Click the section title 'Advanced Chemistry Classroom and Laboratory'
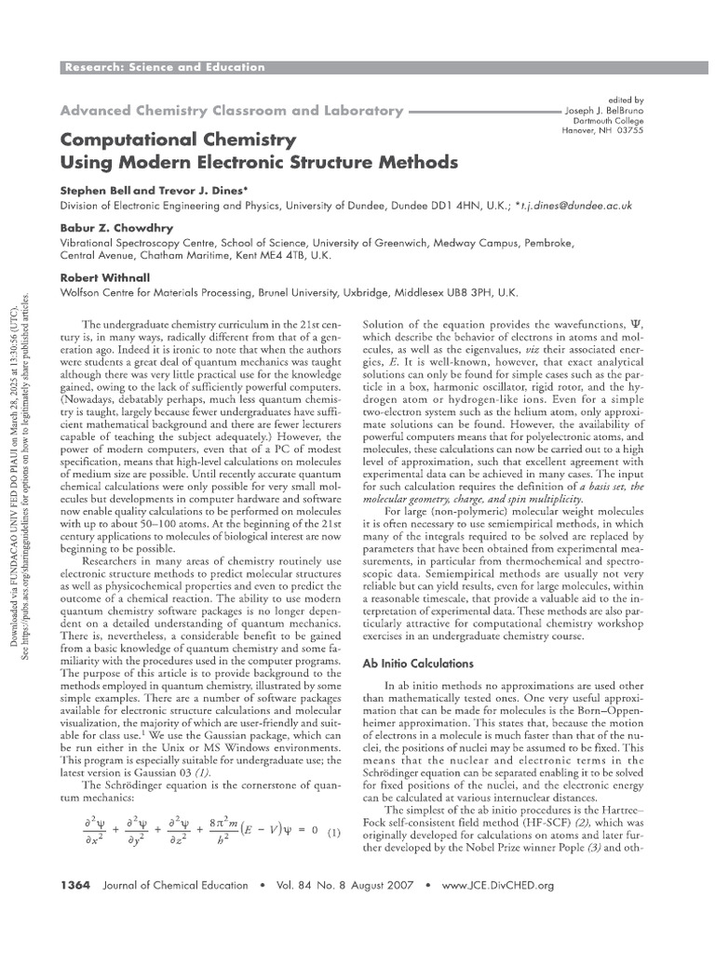232,111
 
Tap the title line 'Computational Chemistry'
178,140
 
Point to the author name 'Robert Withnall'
103,277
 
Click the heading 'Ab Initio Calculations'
418,638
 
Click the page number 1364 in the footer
74,885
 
